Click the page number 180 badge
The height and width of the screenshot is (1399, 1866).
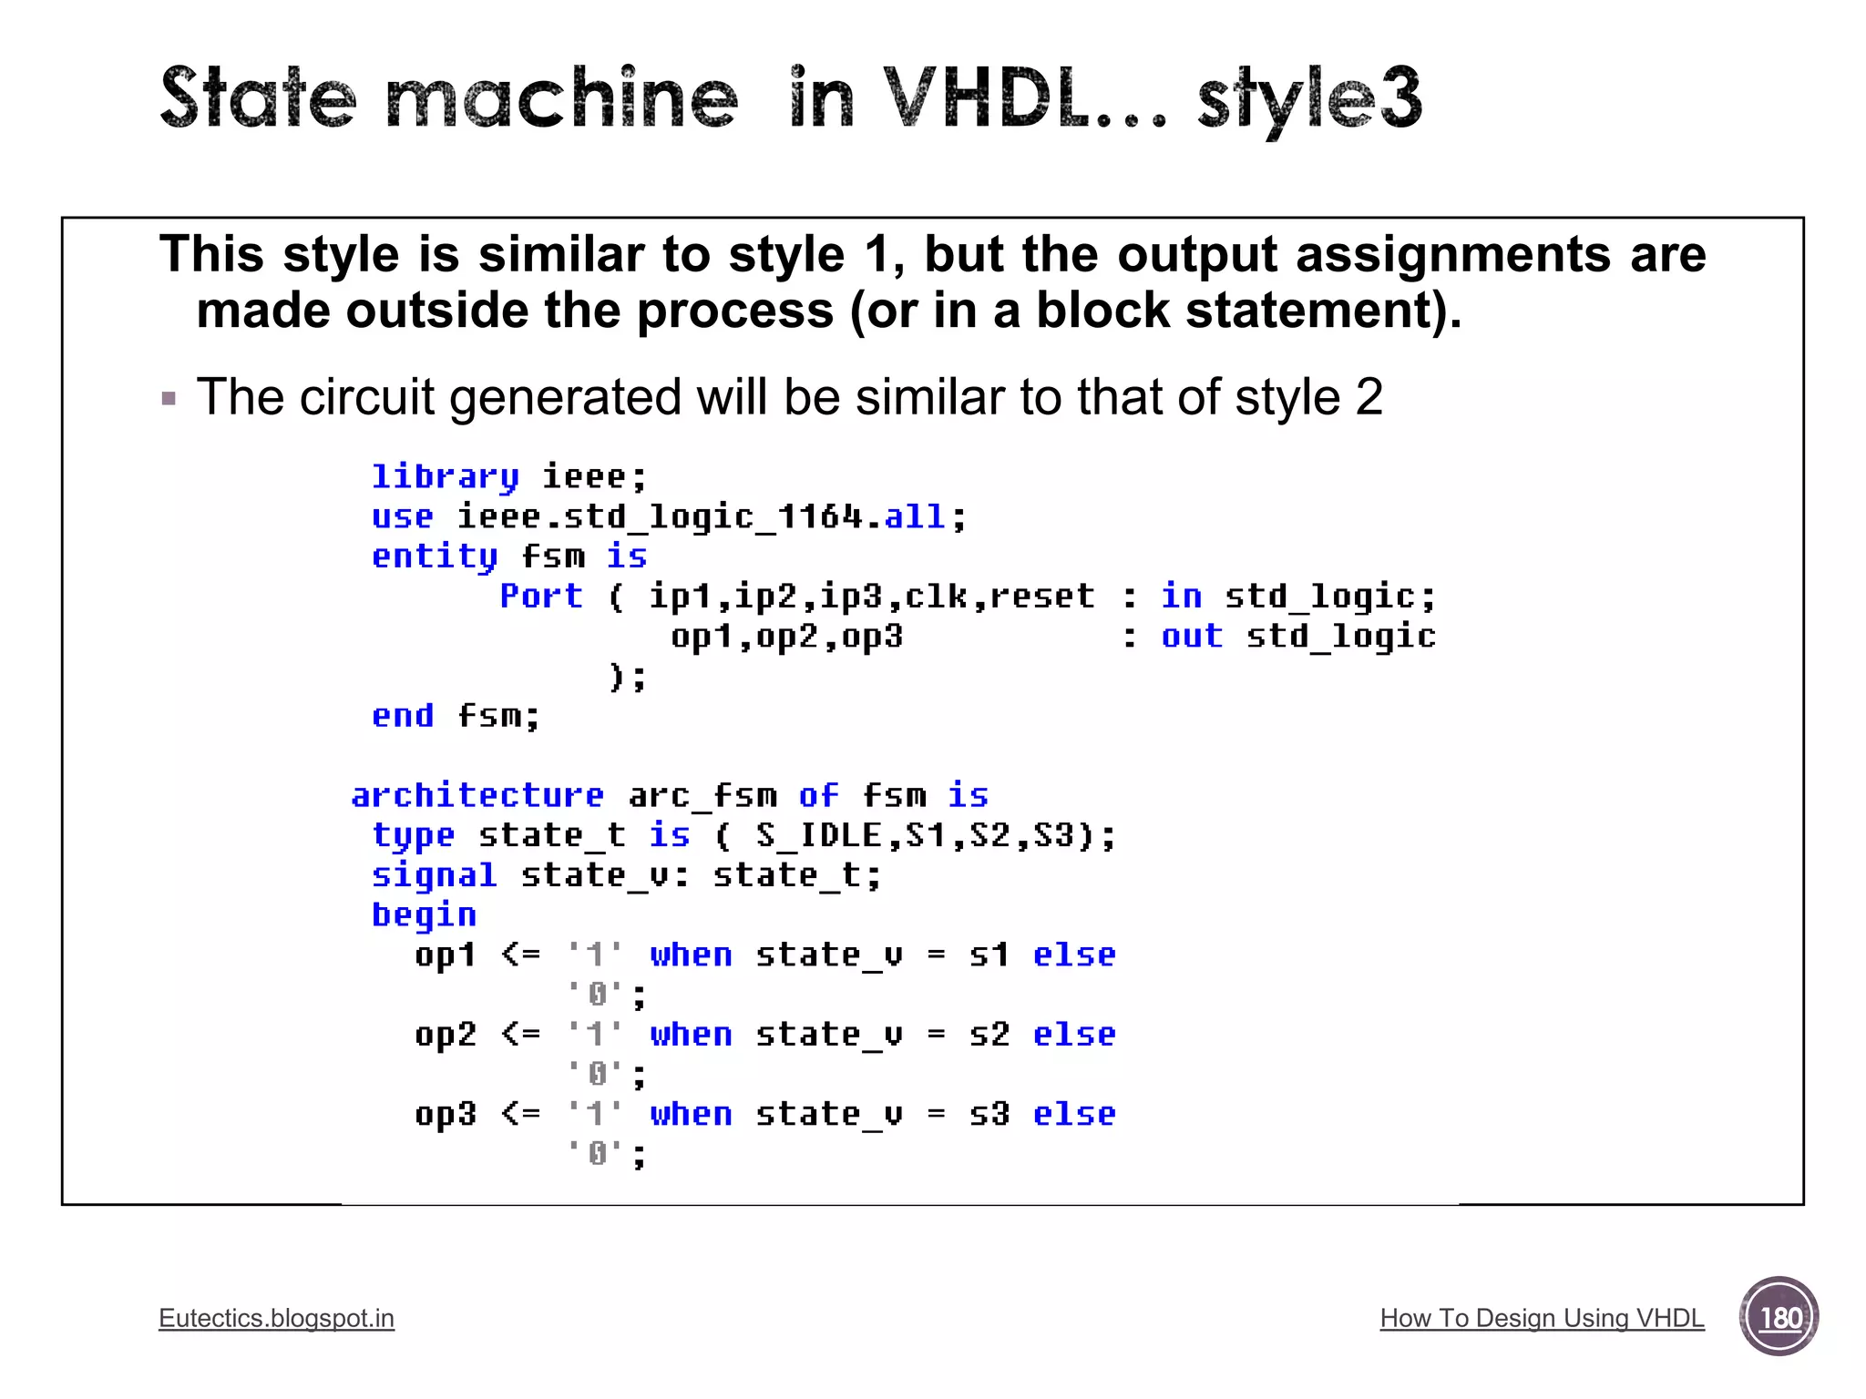[x=1779, y=1317]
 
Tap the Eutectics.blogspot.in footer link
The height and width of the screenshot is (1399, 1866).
[x=276, y=1318]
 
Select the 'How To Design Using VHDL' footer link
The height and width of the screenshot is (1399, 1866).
[x=1542, y=1318]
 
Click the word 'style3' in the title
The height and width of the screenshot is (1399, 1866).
[x=1308, y=98]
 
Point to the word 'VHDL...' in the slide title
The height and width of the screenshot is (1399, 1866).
[x=1024, y=98]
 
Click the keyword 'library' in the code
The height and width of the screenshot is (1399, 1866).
[x=445, y=476]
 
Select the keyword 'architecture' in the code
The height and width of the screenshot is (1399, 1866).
[x=477, y=795]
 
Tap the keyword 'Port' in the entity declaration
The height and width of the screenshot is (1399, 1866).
[x=541, y=596]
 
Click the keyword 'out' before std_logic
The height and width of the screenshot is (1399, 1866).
[x=1192, y=636]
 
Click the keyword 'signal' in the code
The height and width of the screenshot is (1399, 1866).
[x=434, y=875]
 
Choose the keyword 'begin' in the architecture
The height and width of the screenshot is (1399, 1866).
[x=424, y=914]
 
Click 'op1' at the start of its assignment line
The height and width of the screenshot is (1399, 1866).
[x=445, y=955]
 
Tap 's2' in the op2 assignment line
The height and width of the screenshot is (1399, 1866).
[x=989, y=1035]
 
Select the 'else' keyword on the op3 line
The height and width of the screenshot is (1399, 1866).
[x=1074, y=1114]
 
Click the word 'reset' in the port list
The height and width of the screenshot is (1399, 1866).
[x=1042, y=596]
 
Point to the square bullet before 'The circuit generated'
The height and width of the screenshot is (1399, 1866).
[x=169, y=398]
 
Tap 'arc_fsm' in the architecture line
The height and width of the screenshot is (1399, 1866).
[x=702, y=795]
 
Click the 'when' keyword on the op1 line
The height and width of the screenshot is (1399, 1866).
[x=691, y=955]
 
